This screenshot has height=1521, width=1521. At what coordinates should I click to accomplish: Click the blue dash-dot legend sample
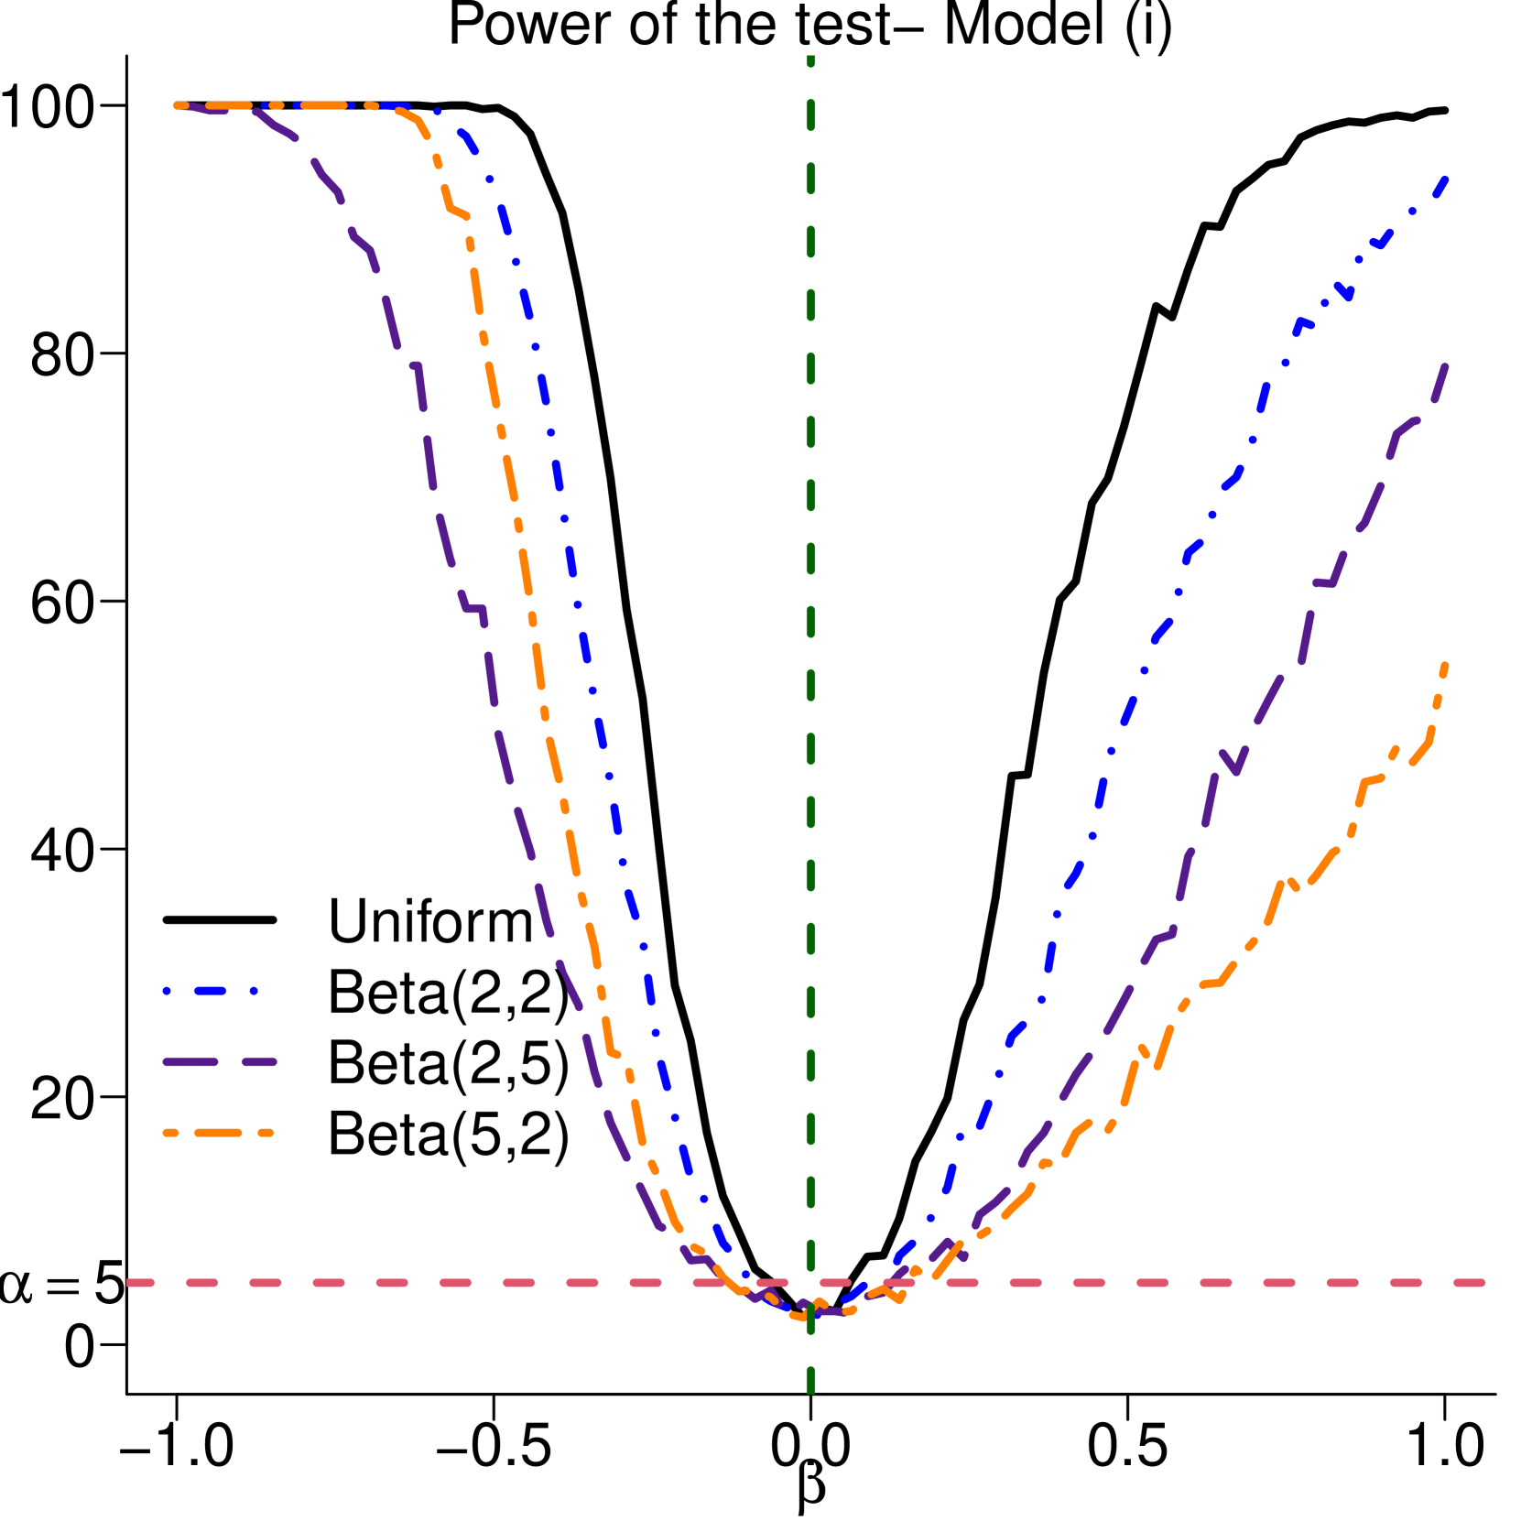pos(211,991)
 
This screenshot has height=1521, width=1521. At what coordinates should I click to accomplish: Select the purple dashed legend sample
pos(220,1062)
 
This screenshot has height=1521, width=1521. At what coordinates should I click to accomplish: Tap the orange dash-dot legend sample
pos(218,1133)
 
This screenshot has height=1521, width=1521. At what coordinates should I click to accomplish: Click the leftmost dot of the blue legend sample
pos(167,991)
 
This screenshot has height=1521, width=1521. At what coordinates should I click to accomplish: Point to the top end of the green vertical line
pos(810,58)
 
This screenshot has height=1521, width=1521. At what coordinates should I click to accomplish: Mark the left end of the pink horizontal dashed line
pos(129,1283)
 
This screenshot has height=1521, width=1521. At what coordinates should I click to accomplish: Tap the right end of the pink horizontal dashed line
pos(1483,1283)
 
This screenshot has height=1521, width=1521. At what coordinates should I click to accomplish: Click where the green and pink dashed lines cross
pos(810,1283)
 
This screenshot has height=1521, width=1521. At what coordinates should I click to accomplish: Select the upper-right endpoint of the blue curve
pos(1445,178)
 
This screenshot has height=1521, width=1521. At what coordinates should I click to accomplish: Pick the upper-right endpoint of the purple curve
pos(1446,367)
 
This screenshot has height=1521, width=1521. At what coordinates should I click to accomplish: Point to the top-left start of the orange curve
pos(178,105)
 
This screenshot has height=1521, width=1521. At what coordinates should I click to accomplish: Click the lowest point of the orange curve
pos(803,1317)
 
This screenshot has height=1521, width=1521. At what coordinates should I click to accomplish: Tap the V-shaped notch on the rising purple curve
pos(1236,772)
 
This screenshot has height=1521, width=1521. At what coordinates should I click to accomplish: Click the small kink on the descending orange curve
pos(458,213)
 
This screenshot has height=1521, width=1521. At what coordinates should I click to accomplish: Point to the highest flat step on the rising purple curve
pos(1324,582)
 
